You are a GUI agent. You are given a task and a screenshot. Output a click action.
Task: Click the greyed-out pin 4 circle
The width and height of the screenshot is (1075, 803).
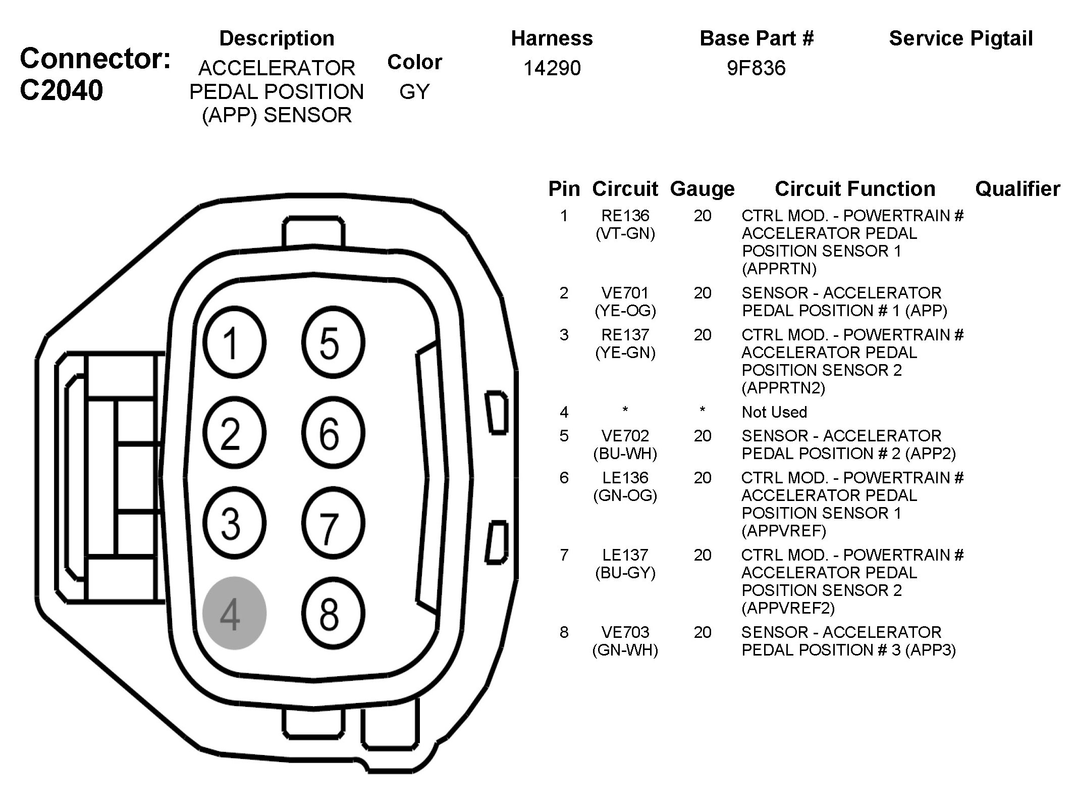click(x=234, y=613)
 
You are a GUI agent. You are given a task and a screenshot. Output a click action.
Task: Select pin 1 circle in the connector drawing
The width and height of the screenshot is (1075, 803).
click(x=234, y=343)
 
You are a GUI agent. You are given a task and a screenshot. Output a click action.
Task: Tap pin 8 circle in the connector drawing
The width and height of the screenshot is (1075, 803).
click(x=333, y=613)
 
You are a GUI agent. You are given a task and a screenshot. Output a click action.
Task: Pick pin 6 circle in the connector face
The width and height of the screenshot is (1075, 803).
click(x=333, y=433)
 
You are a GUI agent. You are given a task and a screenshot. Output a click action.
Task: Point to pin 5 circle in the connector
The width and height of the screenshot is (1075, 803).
click(x=333, y=343)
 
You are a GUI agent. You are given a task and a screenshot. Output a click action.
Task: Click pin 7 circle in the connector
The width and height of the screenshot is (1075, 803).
click(x=333, y=523)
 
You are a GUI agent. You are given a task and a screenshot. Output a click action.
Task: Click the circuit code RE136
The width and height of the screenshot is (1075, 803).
click(x=625, y=216)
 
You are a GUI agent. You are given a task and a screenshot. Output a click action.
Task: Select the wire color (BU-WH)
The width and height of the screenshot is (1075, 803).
click(x=625, y=454)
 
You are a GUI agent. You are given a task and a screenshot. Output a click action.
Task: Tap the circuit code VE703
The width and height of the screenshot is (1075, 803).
click(x=625, y=632)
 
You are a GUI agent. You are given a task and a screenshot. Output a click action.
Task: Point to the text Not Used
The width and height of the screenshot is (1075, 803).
click(x=774, y=412)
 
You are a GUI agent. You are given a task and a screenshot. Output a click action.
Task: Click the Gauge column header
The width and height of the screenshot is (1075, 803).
click(x=702, y=189)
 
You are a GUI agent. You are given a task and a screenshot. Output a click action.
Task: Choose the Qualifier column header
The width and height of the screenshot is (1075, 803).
click(x=1017, y=189)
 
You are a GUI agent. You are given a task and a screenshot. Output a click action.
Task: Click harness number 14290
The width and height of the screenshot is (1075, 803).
click(x=552, y=68)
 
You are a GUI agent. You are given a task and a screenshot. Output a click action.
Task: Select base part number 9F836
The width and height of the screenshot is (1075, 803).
click(x=756, y=68)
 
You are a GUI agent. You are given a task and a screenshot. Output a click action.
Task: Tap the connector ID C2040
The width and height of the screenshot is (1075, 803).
click(x=61, y=90)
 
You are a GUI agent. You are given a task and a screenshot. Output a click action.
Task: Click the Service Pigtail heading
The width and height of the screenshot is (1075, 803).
click(x=960, y=38)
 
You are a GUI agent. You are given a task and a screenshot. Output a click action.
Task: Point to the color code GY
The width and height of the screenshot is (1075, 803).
click(x=414, y=91)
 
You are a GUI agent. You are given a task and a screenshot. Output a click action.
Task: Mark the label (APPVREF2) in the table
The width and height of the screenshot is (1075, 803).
click(x=788, y=608)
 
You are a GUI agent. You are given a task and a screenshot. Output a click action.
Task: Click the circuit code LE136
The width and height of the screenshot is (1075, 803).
click(x=625, y=478)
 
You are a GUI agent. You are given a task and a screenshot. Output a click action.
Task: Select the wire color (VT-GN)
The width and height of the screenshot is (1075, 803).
click(x=625, y=233)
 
